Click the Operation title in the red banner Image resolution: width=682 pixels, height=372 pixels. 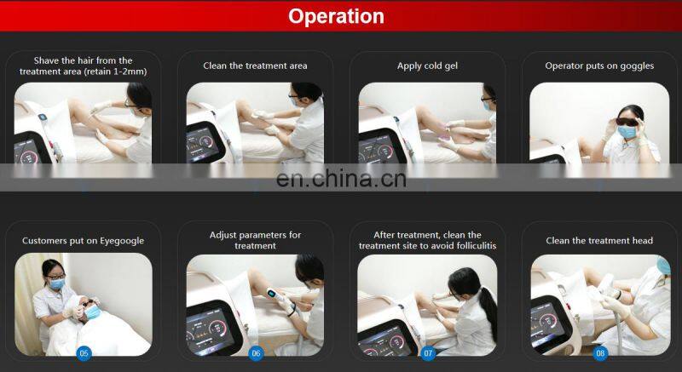click(336, 16)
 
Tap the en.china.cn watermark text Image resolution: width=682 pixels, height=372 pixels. click(341, 179)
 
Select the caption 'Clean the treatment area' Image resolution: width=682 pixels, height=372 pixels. click(255, 66)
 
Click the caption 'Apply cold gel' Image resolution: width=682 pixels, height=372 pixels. click(427, 66)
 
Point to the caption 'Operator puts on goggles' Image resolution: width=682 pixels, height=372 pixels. click(599, 66)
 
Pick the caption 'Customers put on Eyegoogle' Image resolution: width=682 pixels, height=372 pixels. click(83, 240)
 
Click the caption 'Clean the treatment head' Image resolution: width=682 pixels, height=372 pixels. click(599, 240)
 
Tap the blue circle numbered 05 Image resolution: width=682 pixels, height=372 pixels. click(84, 353)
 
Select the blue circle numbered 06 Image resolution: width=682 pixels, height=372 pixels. click(256, 353)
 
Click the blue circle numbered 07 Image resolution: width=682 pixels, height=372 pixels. click(428, 353)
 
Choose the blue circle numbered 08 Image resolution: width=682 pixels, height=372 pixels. click(600, 353)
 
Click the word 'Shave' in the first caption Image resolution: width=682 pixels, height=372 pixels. click(46, 60)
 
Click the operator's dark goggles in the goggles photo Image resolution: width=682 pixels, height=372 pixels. click(627, 122)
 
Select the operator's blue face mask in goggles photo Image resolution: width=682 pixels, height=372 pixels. click(627, 132)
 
